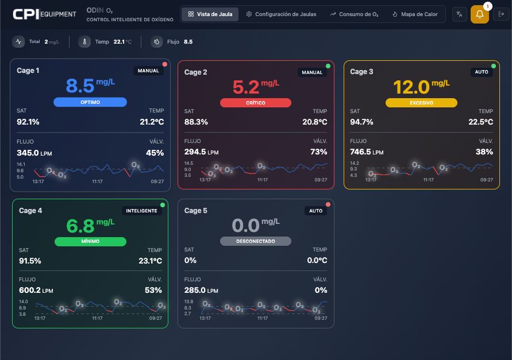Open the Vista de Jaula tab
coord(210,14)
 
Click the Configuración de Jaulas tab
coord(281,14)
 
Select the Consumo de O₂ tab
coord(354,14)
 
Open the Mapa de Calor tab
coord(414,14)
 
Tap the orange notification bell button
coord(480,14)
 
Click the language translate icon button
coord(460,14)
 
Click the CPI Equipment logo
coord(44,14)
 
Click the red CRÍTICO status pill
coord(256,103)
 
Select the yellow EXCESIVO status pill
coord(421,103)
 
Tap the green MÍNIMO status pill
coord(90,241)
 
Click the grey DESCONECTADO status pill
coord(256,241)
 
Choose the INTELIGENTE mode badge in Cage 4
coord(141,211)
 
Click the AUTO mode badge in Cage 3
coord(482,72)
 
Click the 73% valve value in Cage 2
coord(319,152)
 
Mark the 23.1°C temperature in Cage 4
coord(150,261)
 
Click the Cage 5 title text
coord(196,211)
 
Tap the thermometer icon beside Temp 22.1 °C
coord(84,42)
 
